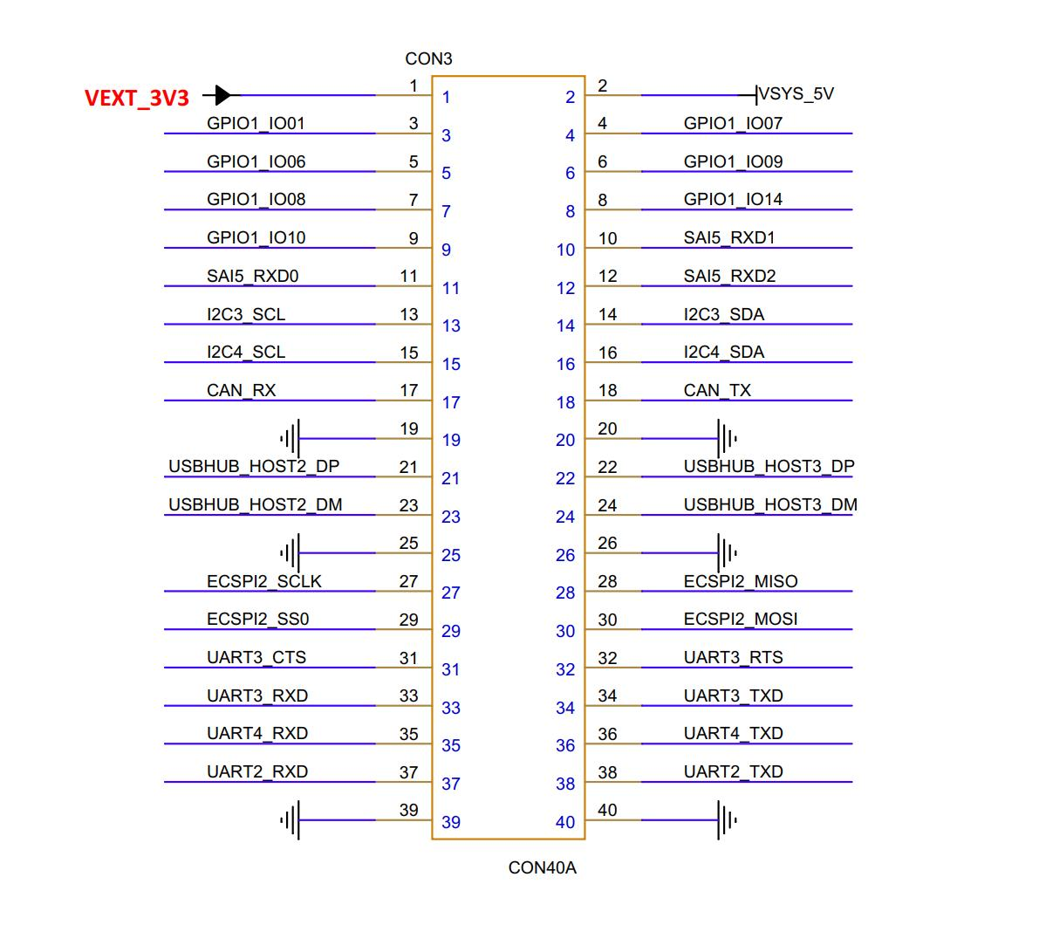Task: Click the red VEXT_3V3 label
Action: (x=137, y=98)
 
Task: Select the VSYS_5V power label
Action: (x=796, y=94)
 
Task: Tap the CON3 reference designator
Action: (x=428, y=59)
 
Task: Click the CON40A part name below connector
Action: (x=542, y=867)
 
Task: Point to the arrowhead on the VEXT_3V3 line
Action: (x=223, y=94)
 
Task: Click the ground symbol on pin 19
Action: (x=291, y=438)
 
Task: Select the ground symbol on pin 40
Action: (x=726, y=820)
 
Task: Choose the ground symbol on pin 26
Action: (x=726, y=552)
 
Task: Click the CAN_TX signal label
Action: (x=717, y=390)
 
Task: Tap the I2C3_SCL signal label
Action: (x=246, y=314)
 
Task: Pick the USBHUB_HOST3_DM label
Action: (x=770, y=504)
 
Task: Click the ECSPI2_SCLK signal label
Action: (x=264, y=581)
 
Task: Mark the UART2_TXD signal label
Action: (x=733, y=771)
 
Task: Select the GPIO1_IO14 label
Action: (x=733, y=199)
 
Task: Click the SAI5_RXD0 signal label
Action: (x=252, y=276)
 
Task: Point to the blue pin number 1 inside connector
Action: (x=446, y=98)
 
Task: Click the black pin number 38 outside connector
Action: (x=607, y=772)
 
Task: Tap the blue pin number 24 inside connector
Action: (x=565, y=517)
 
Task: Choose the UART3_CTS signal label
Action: (x=256, y=657)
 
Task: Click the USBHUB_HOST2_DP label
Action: (x=254, y=467)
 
